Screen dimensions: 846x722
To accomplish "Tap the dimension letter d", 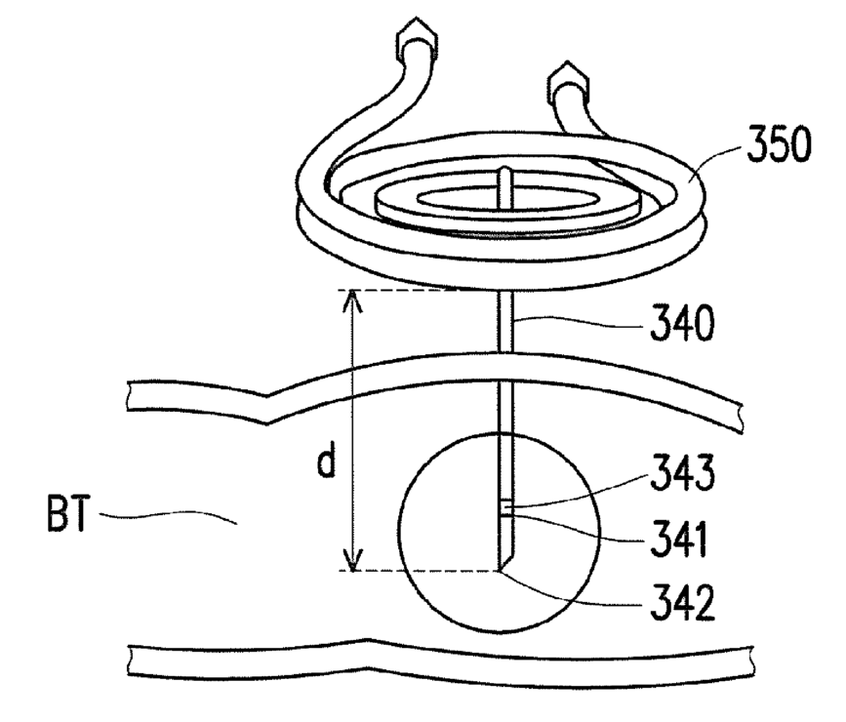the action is point(328,462).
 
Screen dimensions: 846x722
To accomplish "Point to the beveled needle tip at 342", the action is point(502,567).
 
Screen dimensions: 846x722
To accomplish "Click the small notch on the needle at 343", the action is point(505,506).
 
